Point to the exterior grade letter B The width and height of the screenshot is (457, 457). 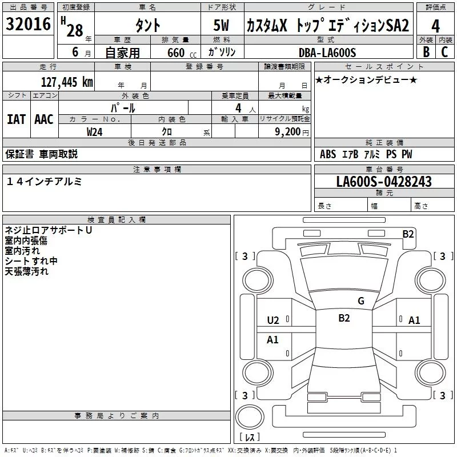pyautogui.click(x=425, y=52)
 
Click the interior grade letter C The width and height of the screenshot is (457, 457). pyautogui.click(x=444, y=52)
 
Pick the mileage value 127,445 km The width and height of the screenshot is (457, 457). pyautogui.click(x=67, y=82)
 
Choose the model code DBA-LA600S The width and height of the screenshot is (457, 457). pyautogui.click(x=327, y=53)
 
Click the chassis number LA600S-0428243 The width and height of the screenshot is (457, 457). pyautogui.click(x=384, y=182)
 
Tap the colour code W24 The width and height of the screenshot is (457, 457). pyautogui.click(x=95, y=131)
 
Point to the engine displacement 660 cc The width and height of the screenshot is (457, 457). pyautogui.click(x=178, y=53)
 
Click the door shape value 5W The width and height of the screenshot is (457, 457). pyautogui.click(x=223, y=26)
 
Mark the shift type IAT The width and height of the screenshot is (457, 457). pyautogui.click(x=16, y=119)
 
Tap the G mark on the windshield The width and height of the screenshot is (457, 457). pyautogui.click(x=360, y=301)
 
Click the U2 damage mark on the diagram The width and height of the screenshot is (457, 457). pyautogui.click(x=273, y=320)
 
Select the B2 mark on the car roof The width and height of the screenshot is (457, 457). pyautogui.click(x=344, y=318)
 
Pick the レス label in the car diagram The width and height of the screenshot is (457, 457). pyautogui.click(x=250, y=438)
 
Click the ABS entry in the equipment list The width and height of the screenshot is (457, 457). pyautogui.click(x=328, y=154)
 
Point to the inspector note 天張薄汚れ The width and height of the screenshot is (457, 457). pyautogui.click(x=27, y=271)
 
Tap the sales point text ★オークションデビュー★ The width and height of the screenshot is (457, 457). pyautogui.click(x=366, y=79)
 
